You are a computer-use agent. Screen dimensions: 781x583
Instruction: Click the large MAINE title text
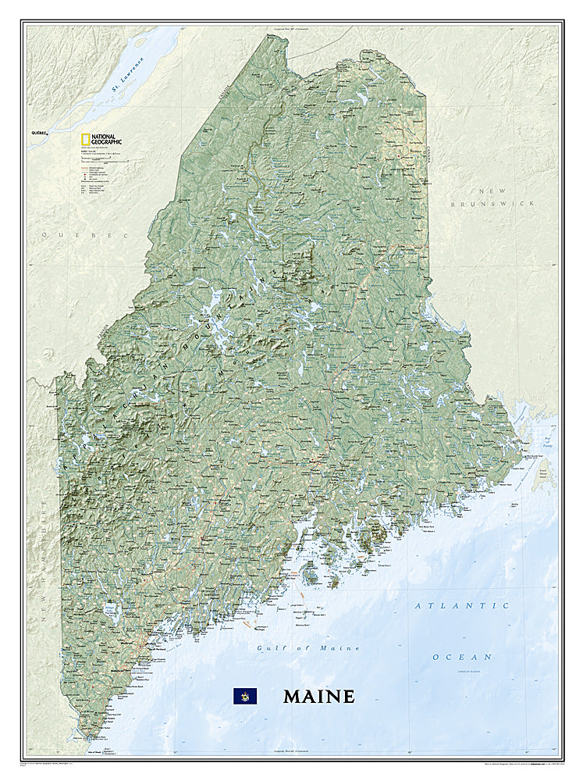point(318,696)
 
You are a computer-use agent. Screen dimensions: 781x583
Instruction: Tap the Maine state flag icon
point(245,696)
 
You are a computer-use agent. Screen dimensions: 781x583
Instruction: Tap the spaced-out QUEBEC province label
point(85,234)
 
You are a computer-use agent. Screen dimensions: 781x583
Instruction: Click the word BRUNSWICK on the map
point(493,203)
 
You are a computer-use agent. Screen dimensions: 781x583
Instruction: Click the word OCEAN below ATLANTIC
point(462,657)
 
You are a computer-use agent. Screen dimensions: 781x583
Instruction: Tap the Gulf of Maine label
point(308,648)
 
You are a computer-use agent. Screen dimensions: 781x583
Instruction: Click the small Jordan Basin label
point(464,669)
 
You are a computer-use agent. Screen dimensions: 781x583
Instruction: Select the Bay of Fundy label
point(551,444)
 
